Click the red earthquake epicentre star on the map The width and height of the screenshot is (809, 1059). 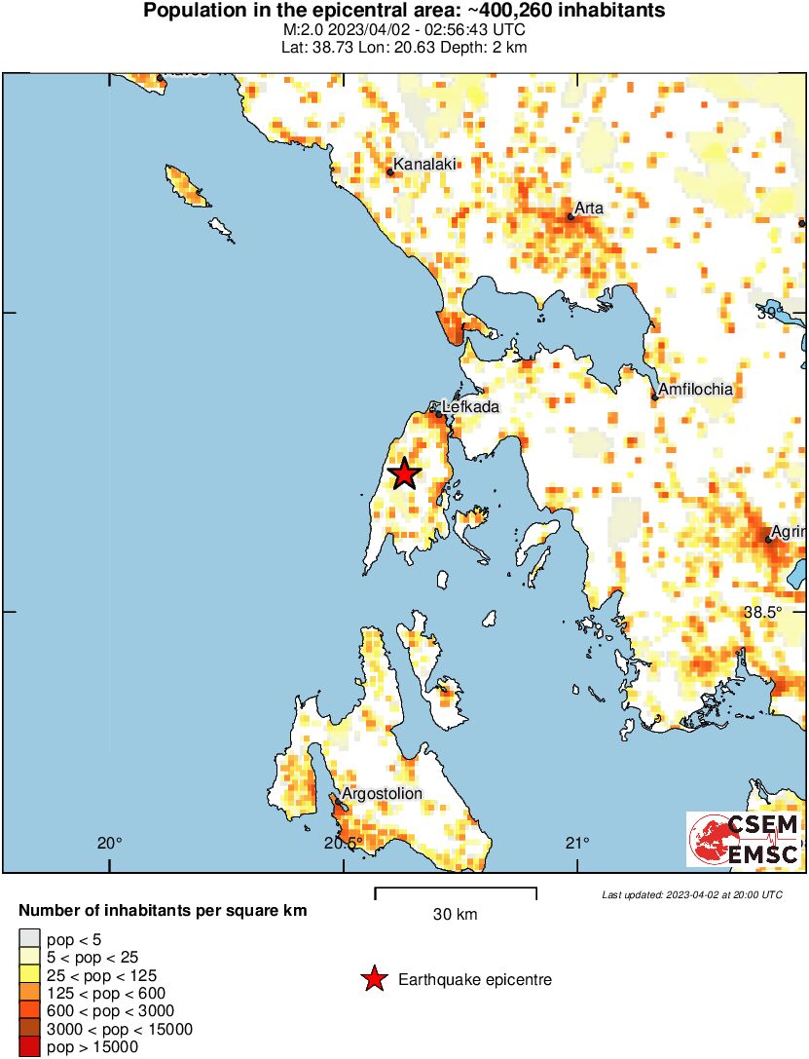click(404, 473)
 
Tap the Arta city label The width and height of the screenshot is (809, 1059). click(589, 208)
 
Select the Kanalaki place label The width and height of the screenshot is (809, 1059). click(424, 164)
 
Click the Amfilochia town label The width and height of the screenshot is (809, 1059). click(695, 390)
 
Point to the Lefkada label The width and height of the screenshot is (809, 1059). click(471, 407)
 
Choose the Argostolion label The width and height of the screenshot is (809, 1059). click(382, 793)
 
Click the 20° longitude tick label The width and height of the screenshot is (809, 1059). click(109, 843)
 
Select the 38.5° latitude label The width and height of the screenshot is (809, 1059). click(762, 612)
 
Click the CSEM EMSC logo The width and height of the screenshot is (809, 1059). click(744, 839)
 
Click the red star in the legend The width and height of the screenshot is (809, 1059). click(373, 979)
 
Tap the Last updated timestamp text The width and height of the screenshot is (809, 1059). click(691, 894)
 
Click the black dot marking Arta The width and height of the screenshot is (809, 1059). click(570, 216)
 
